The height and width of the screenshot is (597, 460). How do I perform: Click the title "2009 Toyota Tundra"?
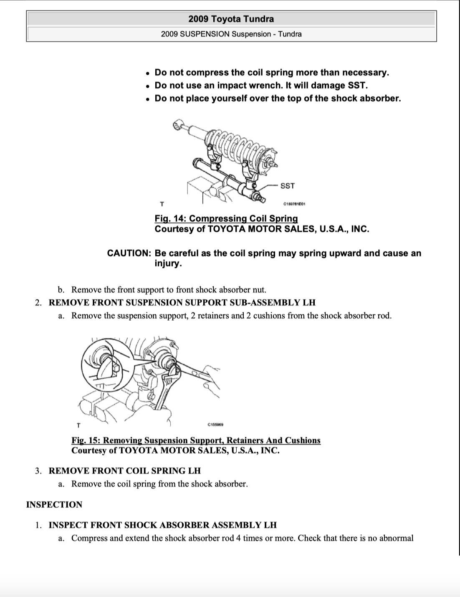pos(231,19)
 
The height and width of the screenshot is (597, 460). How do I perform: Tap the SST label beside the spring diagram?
pos(288,186)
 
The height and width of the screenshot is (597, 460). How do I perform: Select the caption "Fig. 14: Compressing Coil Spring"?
pos(226,218)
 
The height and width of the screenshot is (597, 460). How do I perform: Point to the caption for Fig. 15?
pos(196,440)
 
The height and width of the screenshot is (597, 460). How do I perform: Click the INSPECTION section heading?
pos(54,504)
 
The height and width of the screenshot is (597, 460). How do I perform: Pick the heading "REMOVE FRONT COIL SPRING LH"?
pos(124,471)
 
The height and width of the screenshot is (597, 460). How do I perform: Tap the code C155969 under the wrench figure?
pos(215,425)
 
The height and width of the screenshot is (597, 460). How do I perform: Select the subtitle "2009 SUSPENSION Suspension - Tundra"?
pos(231,34)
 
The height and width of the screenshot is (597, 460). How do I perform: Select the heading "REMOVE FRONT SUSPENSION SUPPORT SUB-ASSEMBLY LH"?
pos(182,302)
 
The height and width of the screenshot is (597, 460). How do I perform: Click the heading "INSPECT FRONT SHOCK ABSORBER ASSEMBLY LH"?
pos(162,525)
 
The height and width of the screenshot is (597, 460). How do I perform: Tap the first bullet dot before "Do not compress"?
pos(148,73)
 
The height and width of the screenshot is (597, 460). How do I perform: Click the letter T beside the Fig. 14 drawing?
pos(162,204)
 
